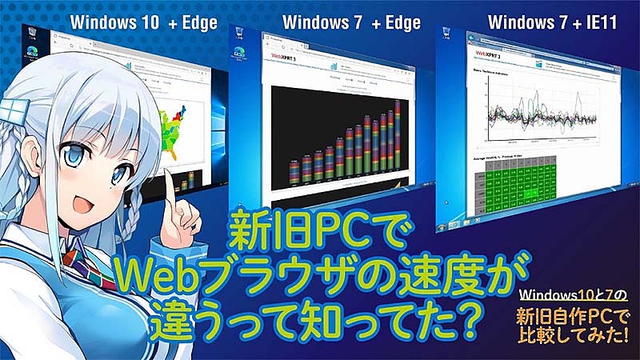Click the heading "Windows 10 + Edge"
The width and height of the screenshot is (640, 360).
(143, 22)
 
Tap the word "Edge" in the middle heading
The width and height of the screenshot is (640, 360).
(398, 22)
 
